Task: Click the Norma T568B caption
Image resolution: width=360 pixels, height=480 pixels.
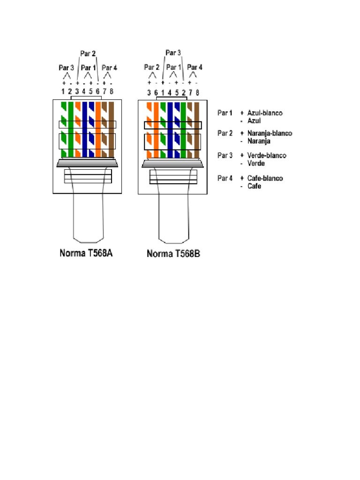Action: pyautogui.click(x=173, y=254)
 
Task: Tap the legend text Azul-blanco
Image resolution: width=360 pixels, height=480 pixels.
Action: pyautogui.click(x=265, y=113)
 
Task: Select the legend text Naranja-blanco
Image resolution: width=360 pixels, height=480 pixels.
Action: pyautogui.click(x=270, y=133)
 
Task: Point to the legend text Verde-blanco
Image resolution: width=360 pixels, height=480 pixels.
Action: pyautogui.click(x=266, y=155)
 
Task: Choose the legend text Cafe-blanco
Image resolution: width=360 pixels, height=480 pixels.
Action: pyautogui.click(x=265, y=178)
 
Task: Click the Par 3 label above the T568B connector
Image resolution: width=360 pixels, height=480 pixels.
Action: pyautogui.click(x=173, y=53)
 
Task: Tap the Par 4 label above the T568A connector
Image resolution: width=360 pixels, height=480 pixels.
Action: pyautogui.click(x=109, y=68)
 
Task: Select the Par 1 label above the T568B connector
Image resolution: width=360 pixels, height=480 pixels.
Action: pyautogui.click(x=173, y=67)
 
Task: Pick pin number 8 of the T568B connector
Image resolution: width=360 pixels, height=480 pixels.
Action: pyautogui.click(x=197, y=93)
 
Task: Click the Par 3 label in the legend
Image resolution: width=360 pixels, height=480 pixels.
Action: pyautogui.click(x=225, y=155)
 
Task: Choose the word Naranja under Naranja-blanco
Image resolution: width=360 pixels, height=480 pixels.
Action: pyautogui.click(x=260, y=141)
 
